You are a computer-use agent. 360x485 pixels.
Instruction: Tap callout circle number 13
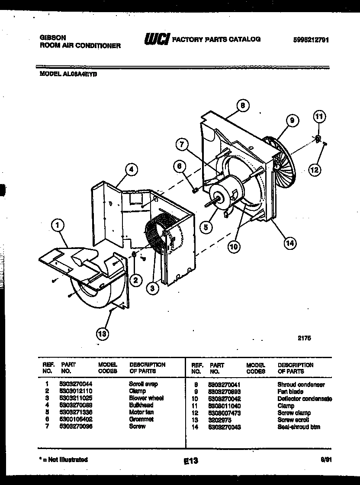click(102, 333)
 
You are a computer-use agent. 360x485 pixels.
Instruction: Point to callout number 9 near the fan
click(292, 121)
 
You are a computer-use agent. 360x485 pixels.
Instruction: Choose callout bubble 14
click(289, 243)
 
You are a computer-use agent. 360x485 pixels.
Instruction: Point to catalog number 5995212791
click(311, 39)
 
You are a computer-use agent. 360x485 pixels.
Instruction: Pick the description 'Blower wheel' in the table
click(146, 398)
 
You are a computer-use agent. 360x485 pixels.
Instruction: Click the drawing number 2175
click(304, 339)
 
